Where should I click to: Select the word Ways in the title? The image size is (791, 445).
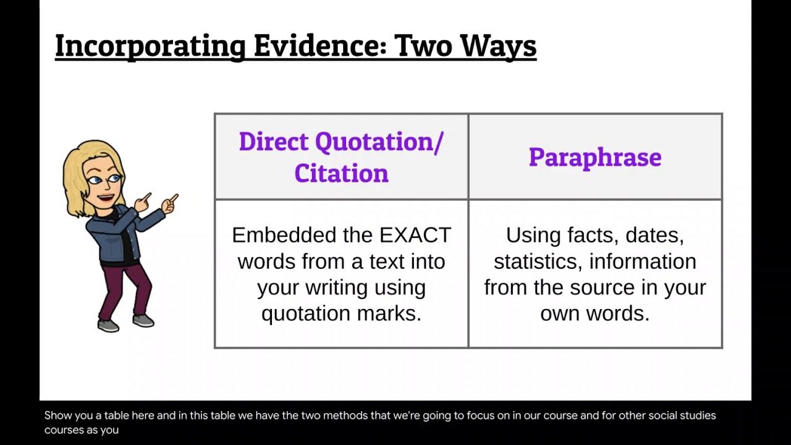(500, 46)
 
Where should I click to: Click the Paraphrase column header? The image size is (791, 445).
(595, 157)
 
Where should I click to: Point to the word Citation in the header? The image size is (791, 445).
(341, 173)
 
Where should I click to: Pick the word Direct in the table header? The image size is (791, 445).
(274, 142)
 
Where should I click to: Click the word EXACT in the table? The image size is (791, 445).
(415, 235)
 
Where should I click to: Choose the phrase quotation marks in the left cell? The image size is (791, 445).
(341, 313)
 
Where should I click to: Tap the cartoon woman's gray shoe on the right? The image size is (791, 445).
(143, 320)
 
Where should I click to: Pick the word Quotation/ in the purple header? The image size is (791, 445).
(379, 142)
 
